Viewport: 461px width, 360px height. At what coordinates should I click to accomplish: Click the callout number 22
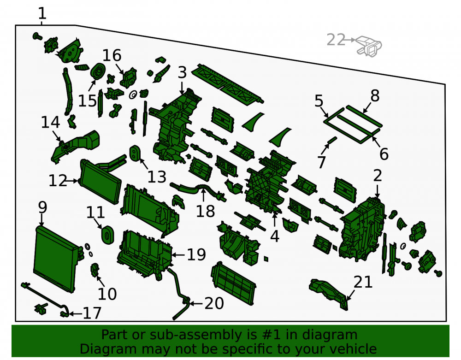pos(336,40)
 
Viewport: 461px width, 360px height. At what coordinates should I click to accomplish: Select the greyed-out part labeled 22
pos(369,46)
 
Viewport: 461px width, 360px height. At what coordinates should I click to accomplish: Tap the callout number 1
pos(42,13)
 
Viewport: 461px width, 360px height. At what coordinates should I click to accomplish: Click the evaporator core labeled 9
pos(56,259)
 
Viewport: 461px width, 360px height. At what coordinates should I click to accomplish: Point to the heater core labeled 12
pos(100,182)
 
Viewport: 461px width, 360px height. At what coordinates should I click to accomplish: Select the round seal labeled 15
pos(98,71)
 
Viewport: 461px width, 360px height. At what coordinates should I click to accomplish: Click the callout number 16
pos(112,55)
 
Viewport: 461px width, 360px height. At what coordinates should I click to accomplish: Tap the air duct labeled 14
pos(75,146)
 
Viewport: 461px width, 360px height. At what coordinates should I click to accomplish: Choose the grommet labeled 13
pos(134,153)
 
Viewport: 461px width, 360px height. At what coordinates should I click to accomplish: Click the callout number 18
pos(205,211)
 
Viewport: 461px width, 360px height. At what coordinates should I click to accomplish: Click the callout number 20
pos(214,303)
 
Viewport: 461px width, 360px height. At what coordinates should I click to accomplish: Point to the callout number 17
pos(92,313)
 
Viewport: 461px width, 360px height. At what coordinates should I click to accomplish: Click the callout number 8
pos(375,96)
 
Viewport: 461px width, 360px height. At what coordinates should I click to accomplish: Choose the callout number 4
pos(275,236)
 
